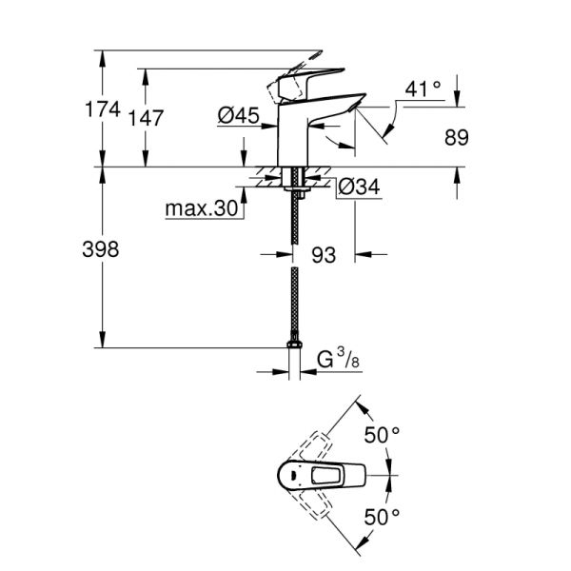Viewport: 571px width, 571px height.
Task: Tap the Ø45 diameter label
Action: click(x=239, y=115)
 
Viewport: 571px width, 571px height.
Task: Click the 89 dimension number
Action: click(x=458, y=138)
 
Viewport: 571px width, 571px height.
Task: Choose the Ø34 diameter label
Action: click(x=361, y=187)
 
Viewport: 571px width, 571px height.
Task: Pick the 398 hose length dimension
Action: click(x=102, y=250)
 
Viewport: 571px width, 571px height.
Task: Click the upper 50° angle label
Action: click(x=383, y=436)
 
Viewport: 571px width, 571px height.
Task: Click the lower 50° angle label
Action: click(x=383, y=519)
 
